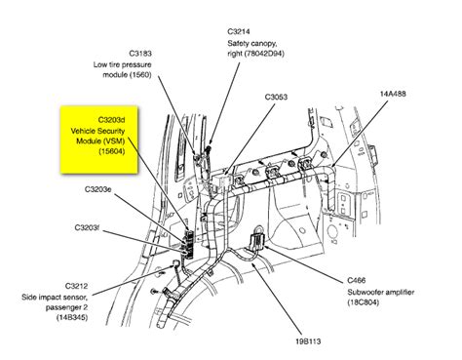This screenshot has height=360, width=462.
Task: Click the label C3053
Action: coord(280,97)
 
